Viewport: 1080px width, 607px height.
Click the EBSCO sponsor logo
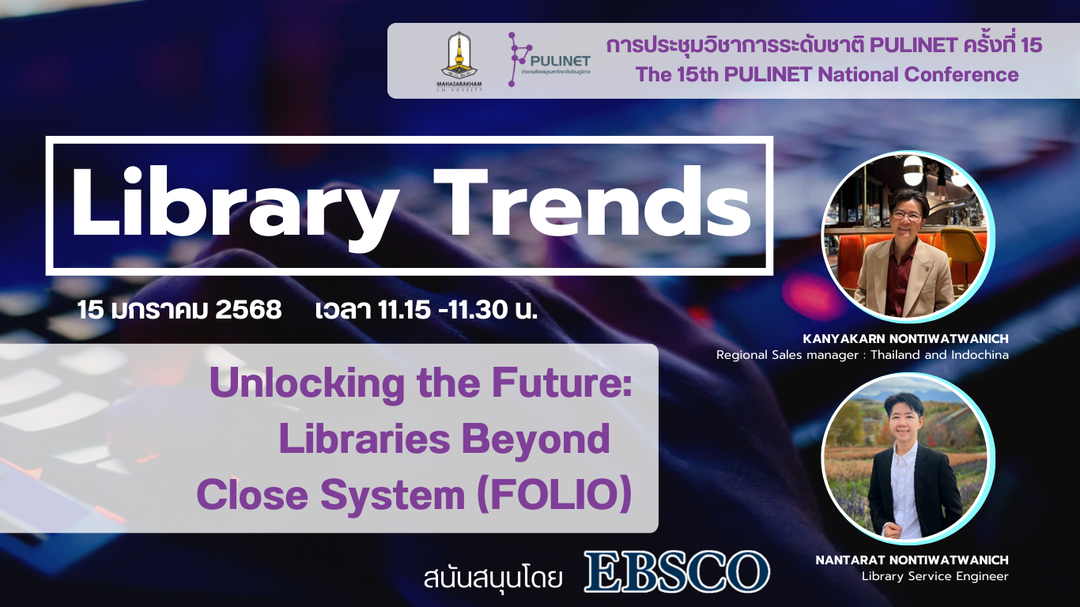point(676,571)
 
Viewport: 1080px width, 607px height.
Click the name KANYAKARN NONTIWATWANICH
point(905,339)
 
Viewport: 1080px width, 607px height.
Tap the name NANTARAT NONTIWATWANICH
point(912,560)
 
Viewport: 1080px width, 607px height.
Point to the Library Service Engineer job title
point(935,576)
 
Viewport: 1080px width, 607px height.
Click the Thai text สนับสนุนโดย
point(493,576)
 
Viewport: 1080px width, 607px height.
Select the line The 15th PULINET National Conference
point(827,75)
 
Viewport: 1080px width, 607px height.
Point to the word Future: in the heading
point(572,384)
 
